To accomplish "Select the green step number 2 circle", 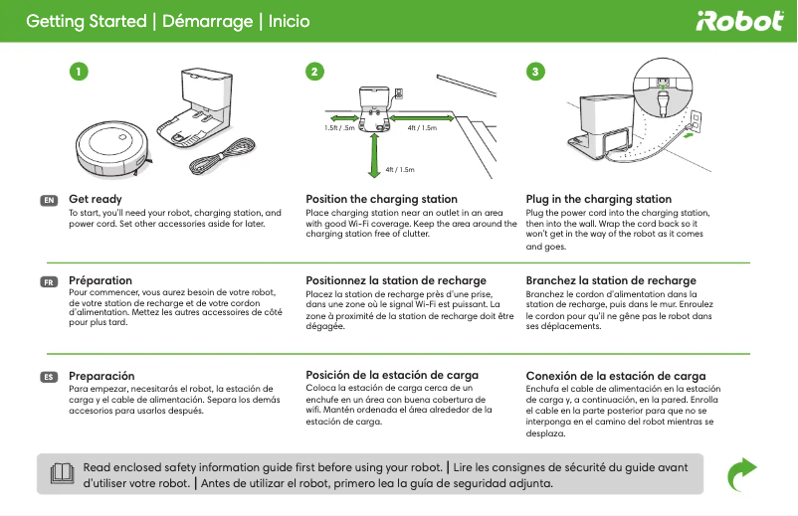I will point(314,72).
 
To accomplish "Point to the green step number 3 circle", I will point(536,72).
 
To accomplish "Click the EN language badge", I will point(48,200).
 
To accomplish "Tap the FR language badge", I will point(48,281).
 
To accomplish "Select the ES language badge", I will point(48,377).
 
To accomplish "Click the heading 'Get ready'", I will point(96,200).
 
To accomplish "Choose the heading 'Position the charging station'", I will point(381,200).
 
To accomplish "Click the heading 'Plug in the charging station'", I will point(598,200).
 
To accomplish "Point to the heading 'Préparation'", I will point(100,280).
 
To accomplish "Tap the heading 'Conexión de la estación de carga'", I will point(615,376).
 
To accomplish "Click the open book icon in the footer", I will point(62,473).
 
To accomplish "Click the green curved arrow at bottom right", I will point(740,474).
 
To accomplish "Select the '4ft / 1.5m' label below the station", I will point(399,170).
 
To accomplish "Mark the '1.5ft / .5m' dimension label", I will point(342,128).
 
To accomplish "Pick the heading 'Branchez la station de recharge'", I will point(611,281).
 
